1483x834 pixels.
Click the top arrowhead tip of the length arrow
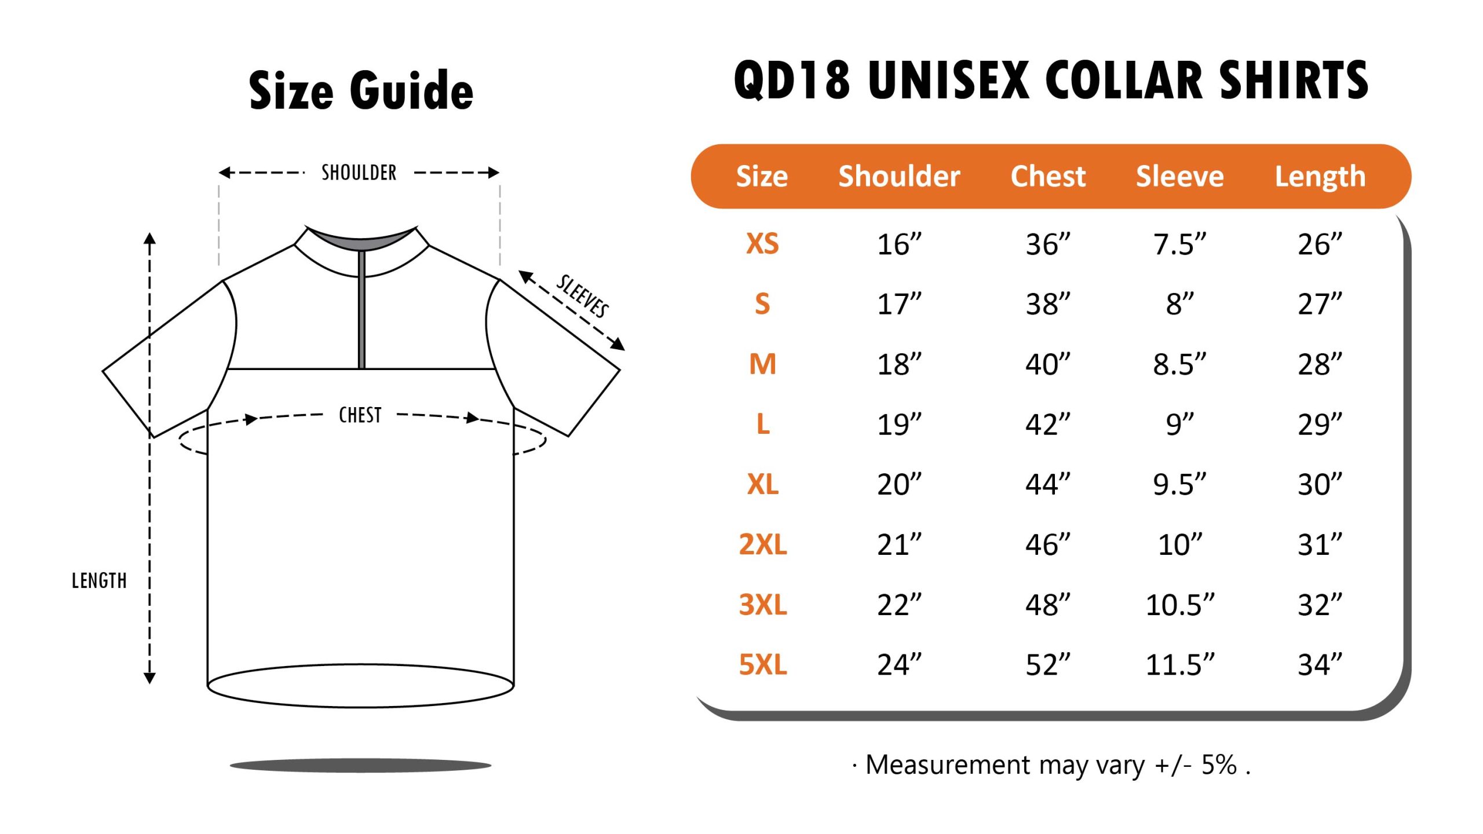(x=149, y=233)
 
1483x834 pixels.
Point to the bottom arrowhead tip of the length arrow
(x=149, y=684)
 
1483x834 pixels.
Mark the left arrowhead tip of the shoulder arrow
(x=219, y=173)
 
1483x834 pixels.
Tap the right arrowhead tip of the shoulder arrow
(x=499, y=173)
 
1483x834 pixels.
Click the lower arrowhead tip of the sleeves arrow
(x=625, y=350)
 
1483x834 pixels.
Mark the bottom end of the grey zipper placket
(x=362, y=368)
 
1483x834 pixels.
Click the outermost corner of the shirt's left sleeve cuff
(x=103, y=371)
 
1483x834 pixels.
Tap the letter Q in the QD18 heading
(x=752, y=81)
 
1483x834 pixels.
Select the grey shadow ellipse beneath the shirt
(x=360, y=766)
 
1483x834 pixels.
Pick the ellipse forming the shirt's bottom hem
(x=360, y=686)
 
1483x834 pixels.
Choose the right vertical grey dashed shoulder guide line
(x=500, y=226)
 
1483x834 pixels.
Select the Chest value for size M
(x=1048, y=364)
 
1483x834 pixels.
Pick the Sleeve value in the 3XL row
(x=1180, y=605)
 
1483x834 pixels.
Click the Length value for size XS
(x=1320, y=244)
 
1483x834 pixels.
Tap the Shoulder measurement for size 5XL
(x=899, y=664)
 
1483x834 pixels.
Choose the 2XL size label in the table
(x=763, y=544)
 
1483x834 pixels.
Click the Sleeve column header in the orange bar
(x=1179, y=176)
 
